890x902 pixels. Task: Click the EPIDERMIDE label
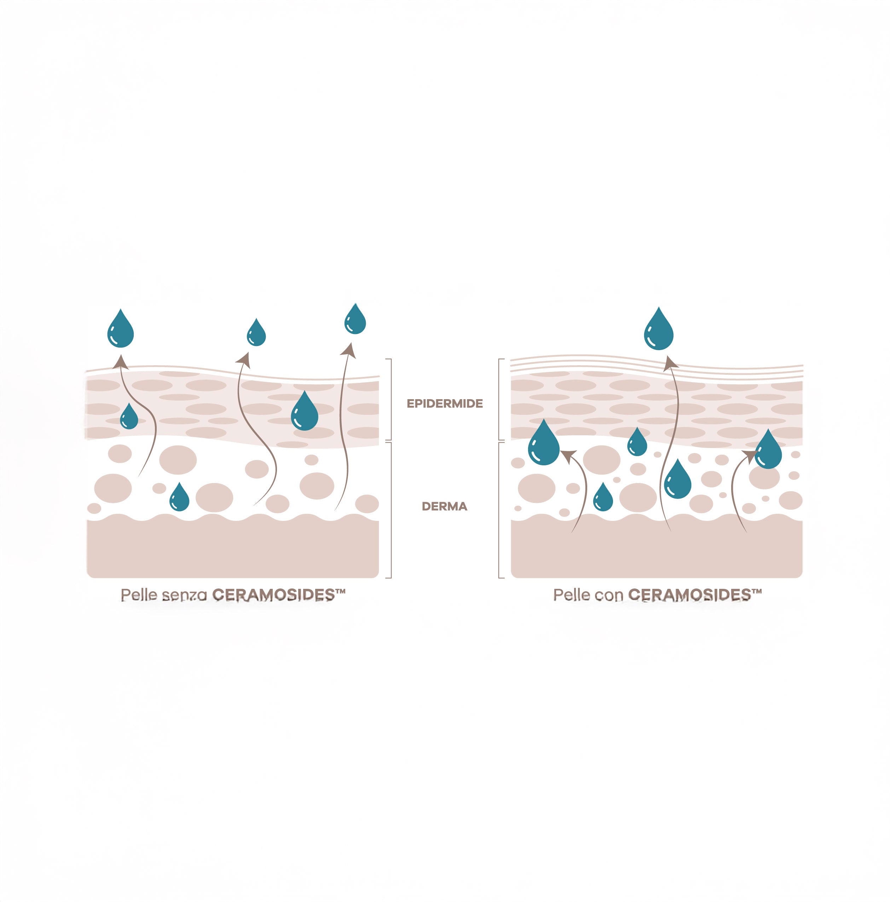click(x=444, y=403)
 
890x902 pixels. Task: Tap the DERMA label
click(x=444, y=506)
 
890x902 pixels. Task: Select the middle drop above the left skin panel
click(x=256, y=333)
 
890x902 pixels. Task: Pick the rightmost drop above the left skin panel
click(x=355, y=320)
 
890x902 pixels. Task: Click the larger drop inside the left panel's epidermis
click(x=304, y=413)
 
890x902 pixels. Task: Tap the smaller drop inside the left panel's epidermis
click(x=129, y=418)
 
